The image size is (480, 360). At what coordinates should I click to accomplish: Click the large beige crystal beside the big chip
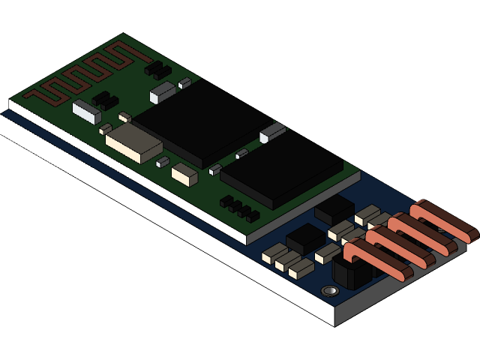coord(133,142)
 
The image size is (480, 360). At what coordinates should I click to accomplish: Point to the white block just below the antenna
coord(87,112)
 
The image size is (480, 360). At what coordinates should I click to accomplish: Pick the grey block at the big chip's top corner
coord(162,92)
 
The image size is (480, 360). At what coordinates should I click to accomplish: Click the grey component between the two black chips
coord(272,133)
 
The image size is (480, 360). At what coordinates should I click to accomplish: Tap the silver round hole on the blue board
coord(328,290)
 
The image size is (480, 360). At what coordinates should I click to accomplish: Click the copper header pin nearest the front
coord(379,259)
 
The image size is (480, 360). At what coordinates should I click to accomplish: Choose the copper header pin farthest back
coord(446,220)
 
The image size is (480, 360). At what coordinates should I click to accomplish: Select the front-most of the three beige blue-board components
coord(301,268)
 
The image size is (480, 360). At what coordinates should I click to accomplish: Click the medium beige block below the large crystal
coord(184,175)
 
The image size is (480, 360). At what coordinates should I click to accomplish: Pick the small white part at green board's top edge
coord(184,83)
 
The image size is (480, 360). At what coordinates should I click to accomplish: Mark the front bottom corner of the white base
coord(334,325)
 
